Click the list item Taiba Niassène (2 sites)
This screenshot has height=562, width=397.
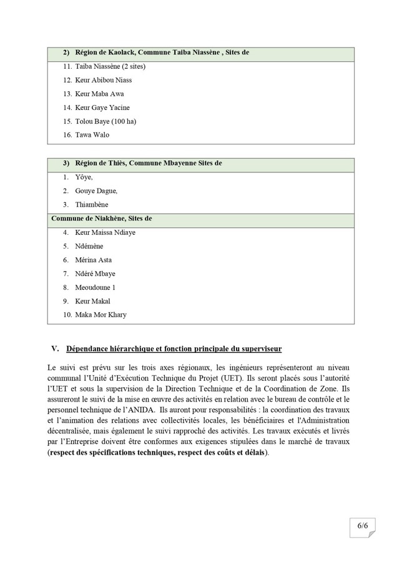click(x=110, y=66)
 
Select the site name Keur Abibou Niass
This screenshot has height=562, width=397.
click(x=103, y=80)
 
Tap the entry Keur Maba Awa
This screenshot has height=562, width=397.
click(x=99, y=94)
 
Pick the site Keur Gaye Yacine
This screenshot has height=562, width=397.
click(x=102, y=107)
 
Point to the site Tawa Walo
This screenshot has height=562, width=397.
click(x=92, y=135)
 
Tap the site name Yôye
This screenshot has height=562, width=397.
click(x=84, y=177)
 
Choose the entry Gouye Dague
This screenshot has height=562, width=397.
click(x=96, y=191)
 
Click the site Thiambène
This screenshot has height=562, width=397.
click(x=91, y=205)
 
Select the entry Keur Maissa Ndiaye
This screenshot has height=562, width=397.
click(x=105, y=232)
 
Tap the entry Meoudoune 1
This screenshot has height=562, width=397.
click(x=95, y=287)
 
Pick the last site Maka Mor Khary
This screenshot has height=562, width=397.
click(x=100, y=315)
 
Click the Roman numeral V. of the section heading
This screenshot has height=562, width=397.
click(x=54, y=348)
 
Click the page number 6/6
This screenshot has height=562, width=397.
click(x=363, y=526)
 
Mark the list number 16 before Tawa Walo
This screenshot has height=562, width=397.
click(x=67, y=135)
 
